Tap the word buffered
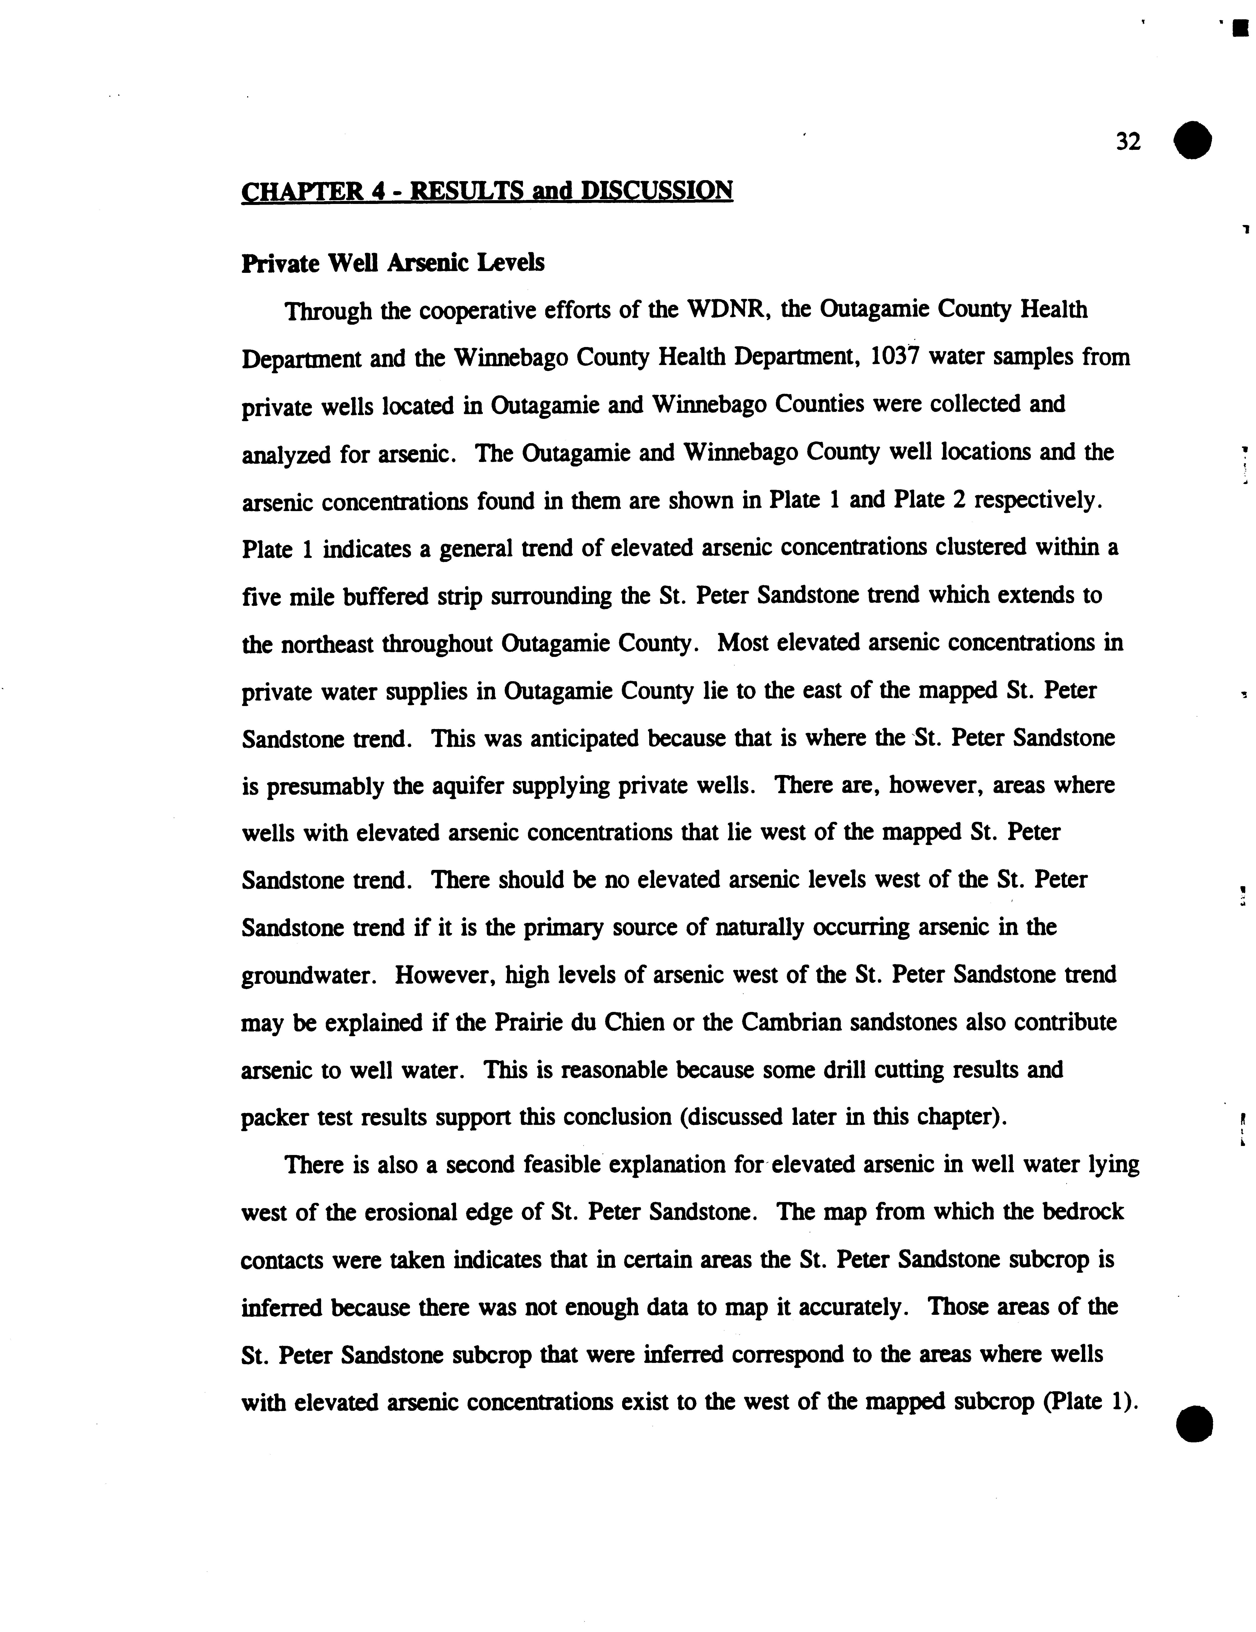(x=385, y=596)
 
